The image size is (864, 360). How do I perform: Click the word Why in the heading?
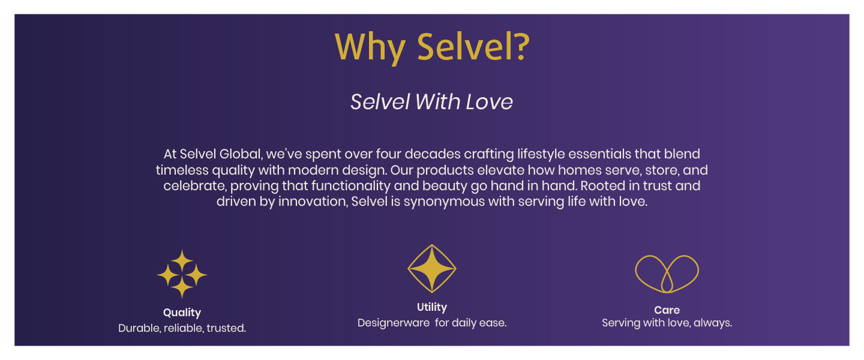point(370,47)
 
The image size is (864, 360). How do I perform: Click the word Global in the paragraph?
point(241,154)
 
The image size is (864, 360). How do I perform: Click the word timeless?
point(182,170)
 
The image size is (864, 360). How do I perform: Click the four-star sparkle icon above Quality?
point(182,274)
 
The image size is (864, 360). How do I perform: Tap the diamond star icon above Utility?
point(432,268)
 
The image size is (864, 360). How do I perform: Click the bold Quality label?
point(182,313)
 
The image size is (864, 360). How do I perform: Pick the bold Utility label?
point(432,307)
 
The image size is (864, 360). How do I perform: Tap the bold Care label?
point(667,310)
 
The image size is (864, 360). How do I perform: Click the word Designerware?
point(394,323)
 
